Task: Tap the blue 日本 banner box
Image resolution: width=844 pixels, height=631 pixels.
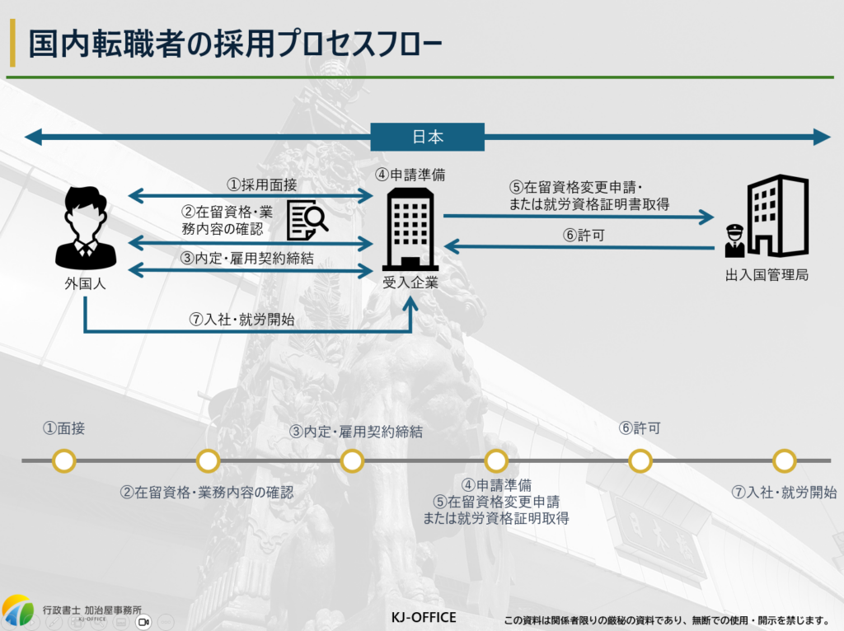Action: tap(428, 137)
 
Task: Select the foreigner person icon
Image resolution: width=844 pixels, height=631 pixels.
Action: tap(85, 228)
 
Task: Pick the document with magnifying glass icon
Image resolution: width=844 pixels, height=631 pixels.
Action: tap(307, 219)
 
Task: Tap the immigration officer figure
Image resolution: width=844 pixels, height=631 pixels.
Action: tap(733, 241)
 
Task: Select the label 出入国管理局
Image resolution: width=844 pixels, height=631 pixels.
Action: tap(767, 274)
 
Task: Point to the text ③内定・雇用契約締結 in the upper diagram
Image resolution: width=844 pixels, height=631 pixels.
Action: tap(247, 258)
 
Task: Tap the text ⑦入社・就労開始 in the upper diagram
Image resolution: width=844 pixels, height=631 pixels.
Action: tap(241, 320)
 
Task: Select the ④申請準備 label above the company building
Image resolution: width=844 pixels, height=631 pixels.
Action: tap(410, 175)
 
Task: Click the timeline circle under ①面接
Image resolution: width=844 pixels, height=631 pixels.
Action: tap(63, 460)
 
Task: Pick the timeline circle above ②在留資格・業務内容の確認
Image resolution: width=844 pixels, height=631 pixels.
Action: tap(208, 460)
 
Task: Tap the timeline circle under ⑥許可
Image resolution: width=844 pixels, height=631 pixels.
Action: tap(640, 460)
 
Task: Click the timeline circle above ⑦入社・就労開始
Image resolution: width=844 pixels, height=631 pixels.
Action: tap(784, 460)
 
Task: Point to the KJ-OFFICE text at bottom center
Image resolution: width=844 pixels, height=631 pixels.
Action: tap(423, 617)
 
